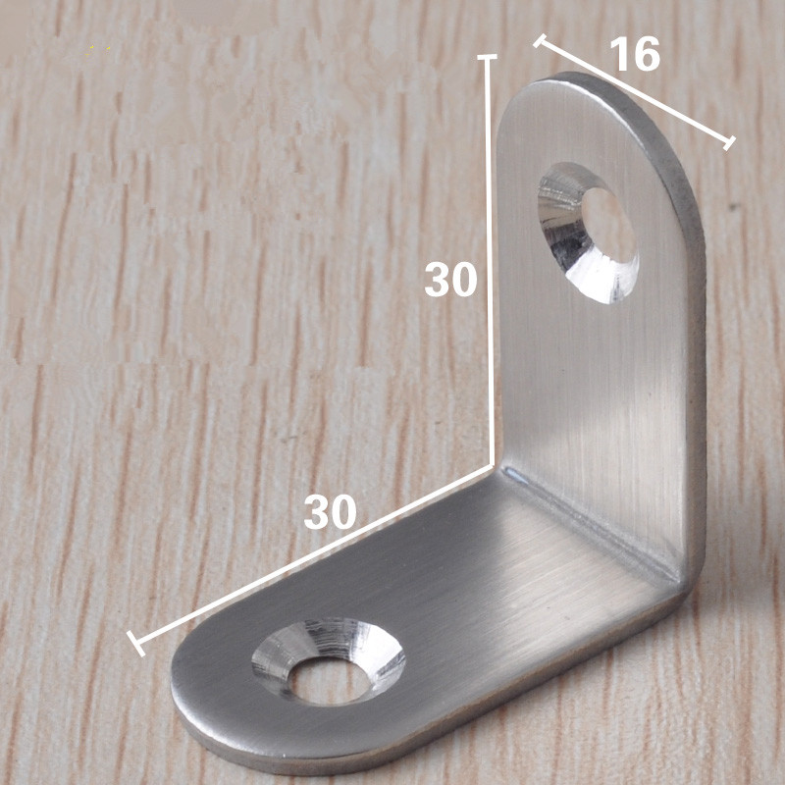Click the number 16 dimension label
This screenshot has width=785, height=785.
tap(635, 55)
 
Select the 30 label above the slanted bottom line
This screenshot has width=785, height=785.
tap(330, 511)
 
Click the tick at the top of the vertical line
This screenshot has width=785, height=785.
tap(486, 59)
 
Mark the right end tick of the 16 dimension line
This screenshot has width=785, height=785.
tap(728, 143)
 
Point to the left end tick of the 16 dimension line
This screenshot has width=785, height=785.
tap(540, 41)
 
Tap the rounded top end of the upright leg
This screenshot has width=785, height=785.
tap(579, 83)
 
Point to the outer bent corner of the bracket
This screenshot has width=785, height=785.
tap(692, 584)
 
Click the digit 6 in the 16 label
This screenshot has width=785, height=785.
tap(648, 55)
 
